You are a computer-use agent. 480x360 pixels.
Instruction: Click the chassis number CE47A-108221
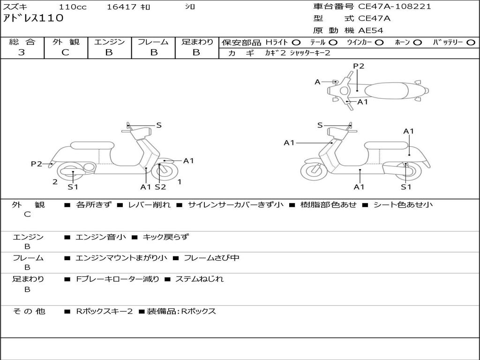tap(394, 7)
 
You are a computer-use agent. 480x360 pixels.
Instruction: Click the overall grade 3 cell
tap(22, 52)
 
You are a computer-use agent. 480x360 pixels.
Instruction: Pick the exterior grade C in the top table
tap(66, 52)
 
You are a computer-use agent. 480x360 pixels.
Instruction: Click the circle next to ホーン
tap(417, 43)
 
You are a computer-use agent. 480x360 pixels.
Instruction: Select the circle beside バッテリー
tap(471, 43)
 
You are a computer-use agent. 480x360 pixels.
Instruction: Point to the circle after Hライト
tap(296, 43)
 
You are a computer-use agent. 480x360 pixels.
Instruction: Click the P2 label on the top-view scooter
tap(359, 66)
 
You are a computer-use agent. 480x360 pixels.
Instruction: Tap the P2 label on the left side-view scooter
tap(37, 164)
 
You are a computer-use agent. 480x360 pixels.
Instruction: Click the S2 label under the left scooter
tap(160, 187)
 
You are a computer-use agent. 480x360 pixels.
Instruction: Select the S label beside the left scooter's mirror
tap(159, 125)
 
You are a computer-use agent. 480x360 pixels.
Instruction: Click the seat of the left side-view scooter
tap(92, 145)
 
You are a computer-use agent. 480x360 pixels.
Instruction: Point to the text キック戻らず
tap(166, 237)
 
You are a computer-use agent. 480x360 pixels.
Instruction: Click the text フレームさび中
tap(211, 258)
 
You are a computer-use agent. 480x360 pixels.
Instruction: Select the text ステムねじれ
tap(200, 279)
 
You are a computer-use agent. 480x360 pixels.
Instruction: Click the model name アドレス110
tap(33, 18)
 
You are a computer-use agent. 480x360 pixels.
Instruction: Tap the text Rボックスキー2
tap(105, 311)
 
